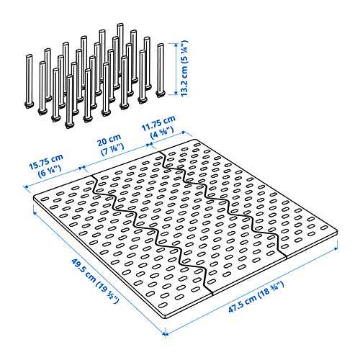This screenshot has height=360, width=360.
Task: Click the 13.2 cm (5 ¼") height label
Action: click(x=184, y=68)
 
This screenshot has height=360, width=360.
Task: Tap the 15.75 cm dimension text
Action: click(x=46, y=162)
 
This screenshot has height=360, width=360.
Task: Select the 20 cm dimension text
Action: click(x=109, y=140)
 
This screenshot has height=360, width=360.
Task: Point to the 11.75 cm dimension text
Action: click(x=158, y=123)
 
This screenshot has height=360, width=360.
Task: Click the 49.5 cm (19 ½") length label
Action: click(x=95, y=281)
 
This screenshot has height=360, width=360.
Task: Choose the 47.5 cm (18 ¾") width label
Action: click(x=256, y=297)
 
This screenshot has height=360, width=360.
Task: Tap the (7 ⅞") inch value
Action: click(x=112, y=150)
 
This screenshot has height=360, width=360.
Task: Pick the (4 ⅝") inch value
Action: click(x=162, y=133)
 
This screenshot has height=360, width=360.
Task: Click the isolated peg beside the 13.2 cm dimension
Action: click(x=160, y=71)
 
